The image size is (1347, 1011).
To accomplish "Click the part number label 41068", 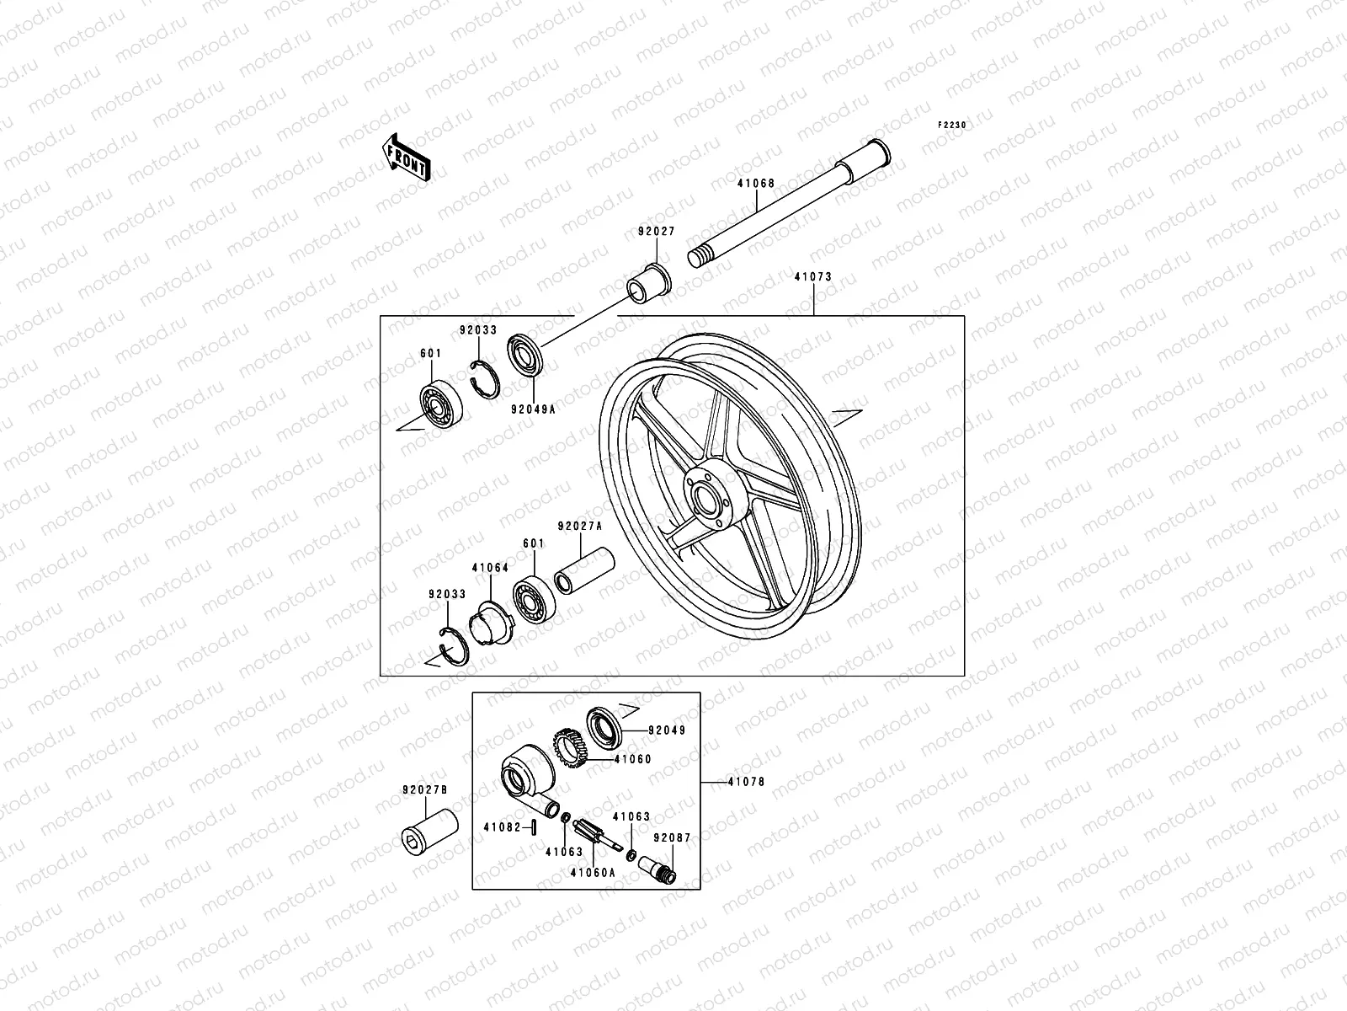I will point(755,184).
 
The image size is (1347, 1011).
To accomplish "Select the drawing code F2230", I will point(953,125).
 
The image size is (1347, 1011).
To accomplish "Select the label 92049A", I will point(533,412).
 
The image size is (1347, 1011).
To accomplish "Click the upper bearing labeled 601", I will point(439,405).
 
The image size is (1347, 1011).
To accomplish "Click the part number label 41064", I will point(490,568).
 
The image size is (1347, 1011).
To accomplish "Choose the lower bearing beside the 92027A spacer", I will point(534,601).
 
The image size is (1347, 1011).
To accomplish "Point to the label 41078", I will point(746,782).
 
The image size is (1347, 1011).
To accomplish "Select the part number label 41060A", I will point(593,873).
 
